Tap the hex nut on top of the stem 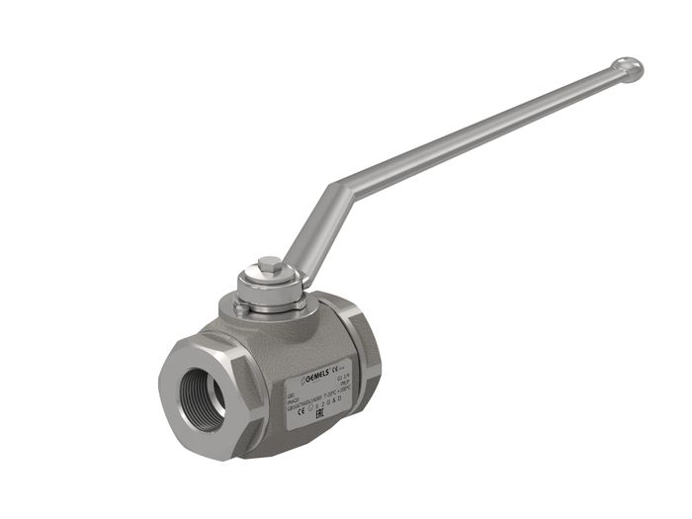269,266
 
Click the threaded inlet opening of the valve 203,386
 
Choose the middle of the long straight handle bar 484,128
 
